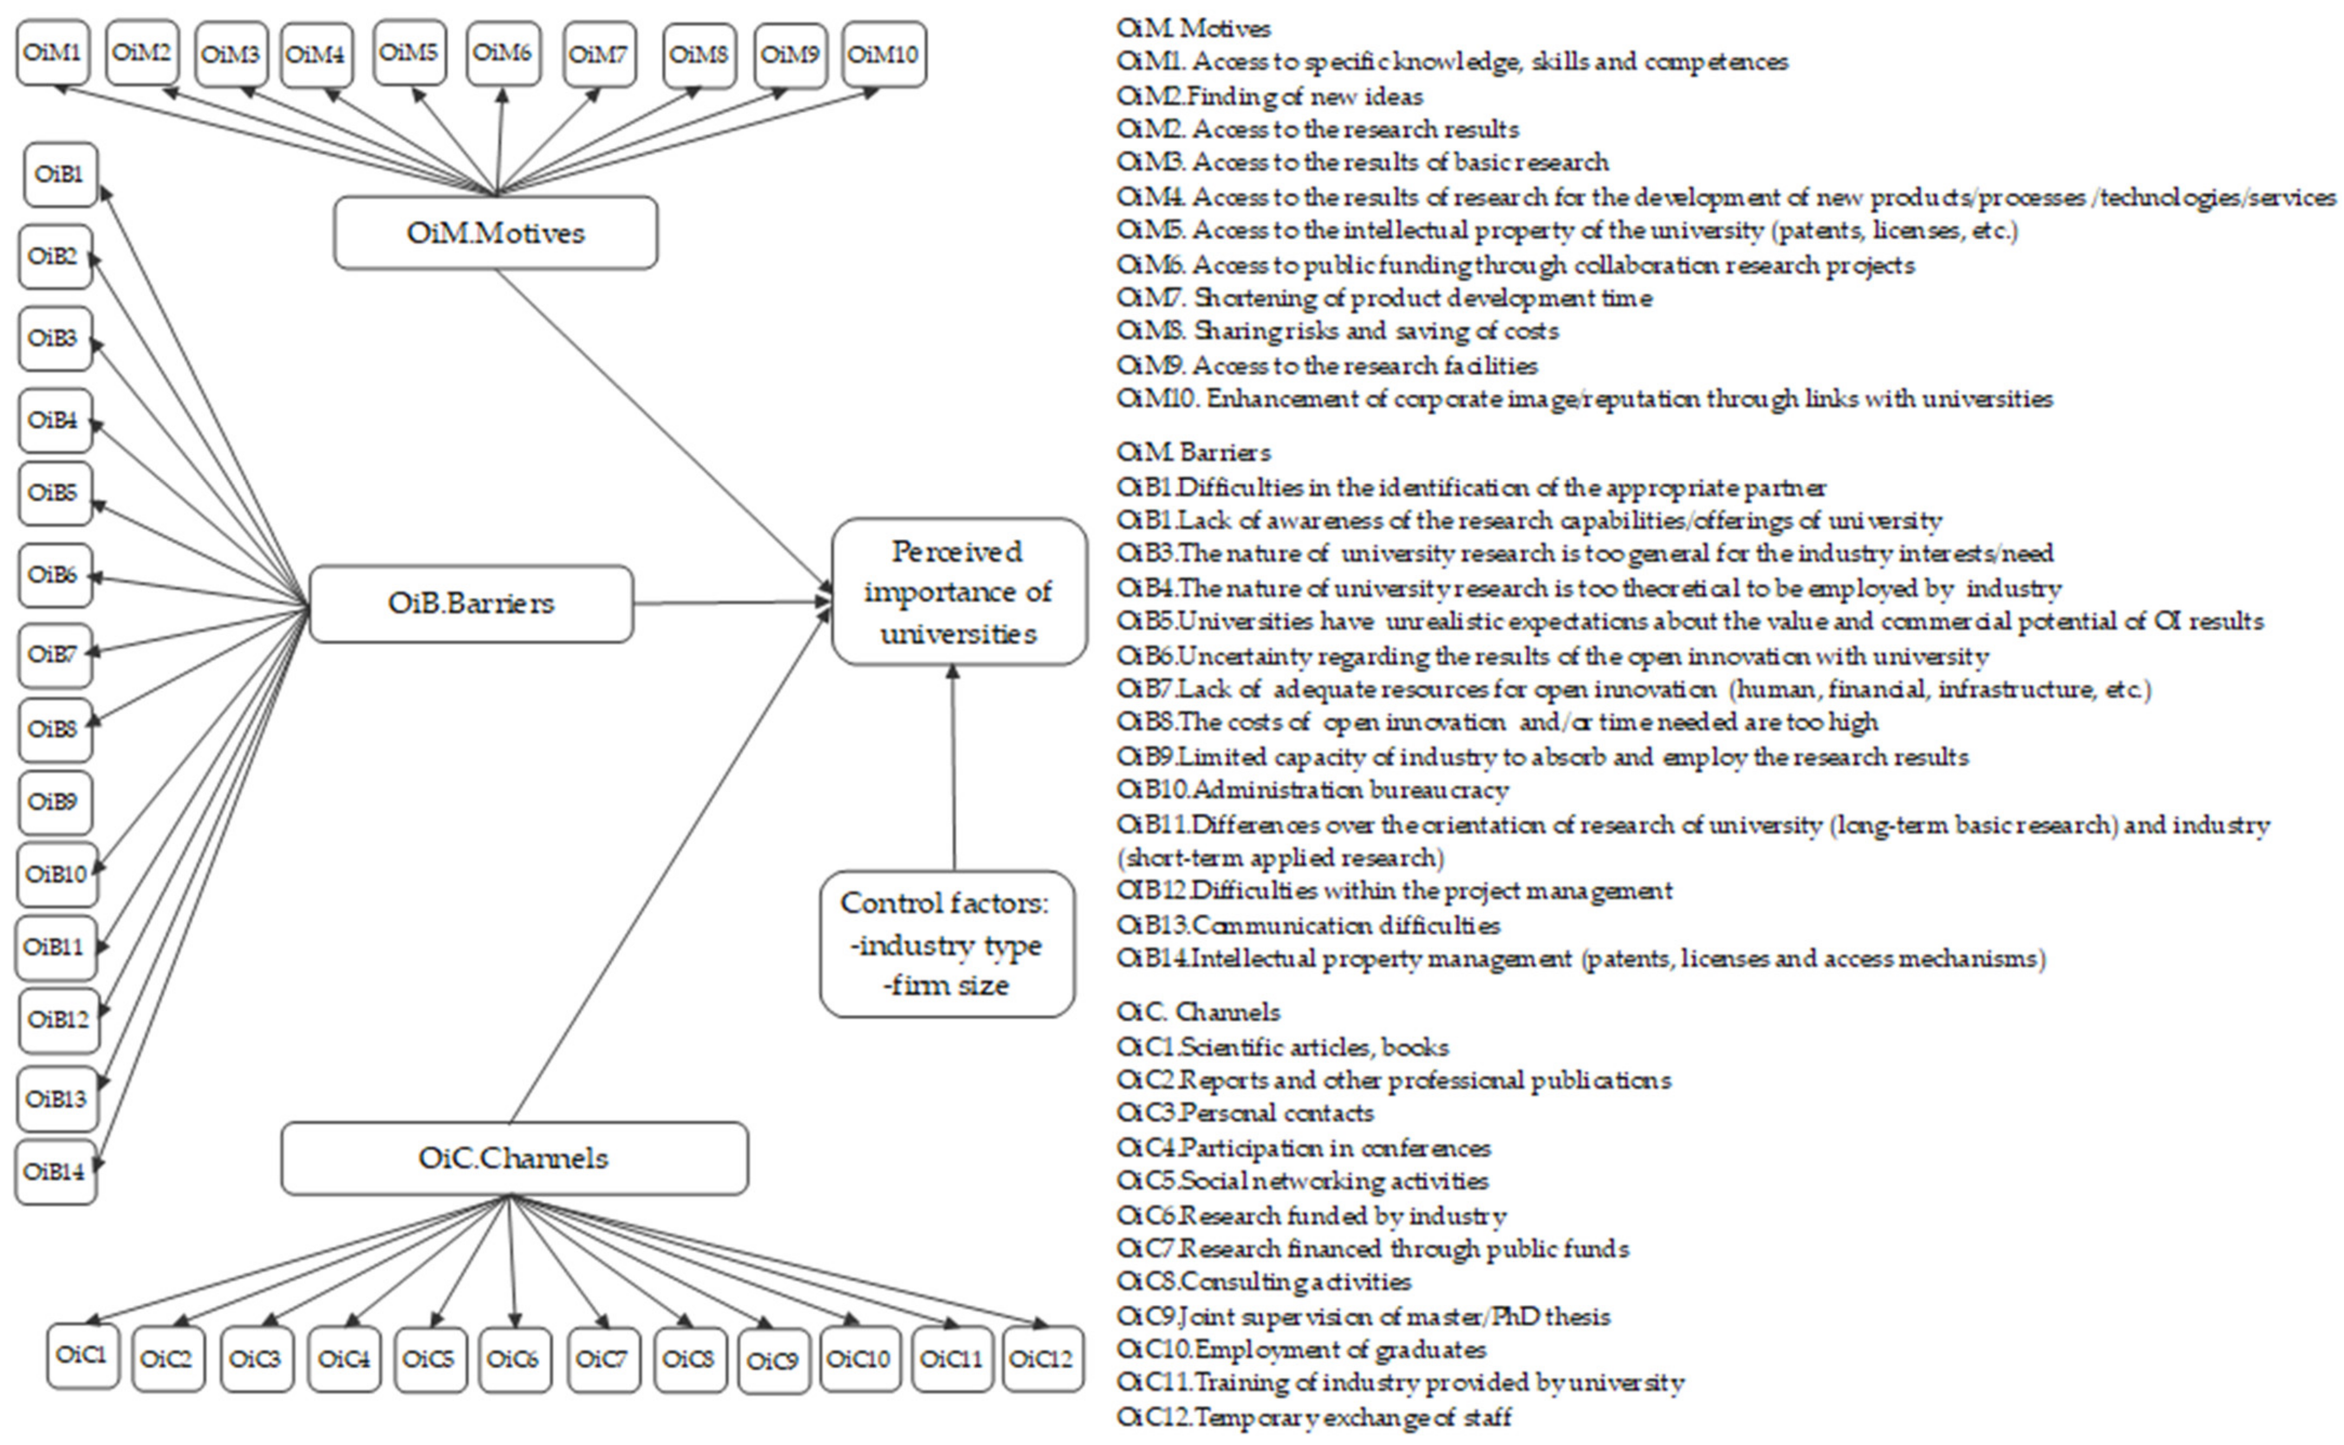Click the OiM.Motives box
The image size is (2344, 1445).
495,232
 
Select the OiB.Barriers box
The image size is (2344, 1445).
471,603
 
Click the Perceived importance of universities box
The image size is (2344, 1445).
959,591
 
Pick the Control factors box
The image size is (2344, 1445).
947,943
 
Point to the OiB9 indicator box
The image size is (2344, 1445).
55,801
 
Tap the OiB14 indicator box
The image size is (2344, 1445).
55,1171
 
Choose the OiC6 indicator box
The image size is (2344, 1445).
513,1358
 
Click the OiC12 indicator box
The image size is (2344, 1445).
1043,1358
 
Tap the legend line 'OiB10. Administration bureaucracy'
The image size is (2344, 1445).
1312,790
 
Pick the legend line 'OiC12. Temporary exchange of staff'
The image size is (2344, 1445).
1314,1416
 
